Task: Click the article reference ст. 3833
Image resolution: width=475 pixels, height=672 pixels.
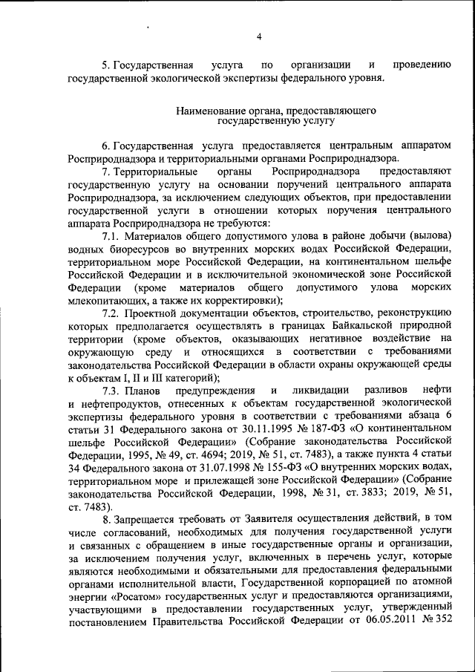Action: pos(353,495)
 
